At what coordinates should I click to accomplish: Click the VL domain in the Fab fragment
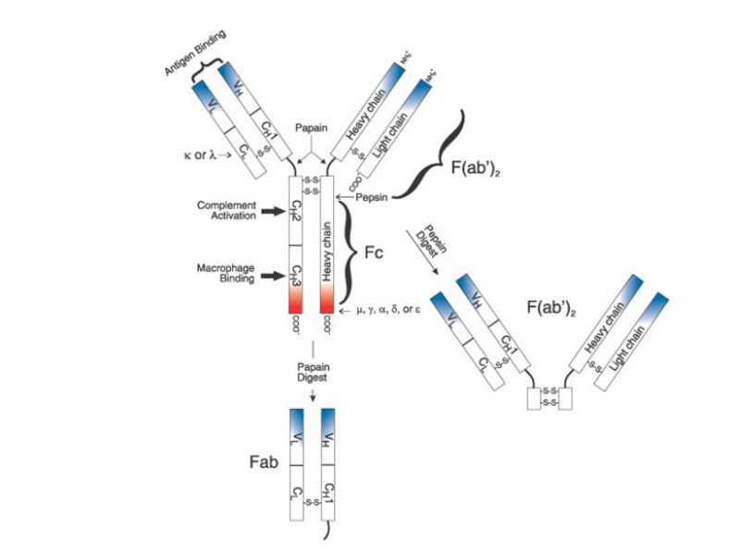[x=297, y=435]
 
